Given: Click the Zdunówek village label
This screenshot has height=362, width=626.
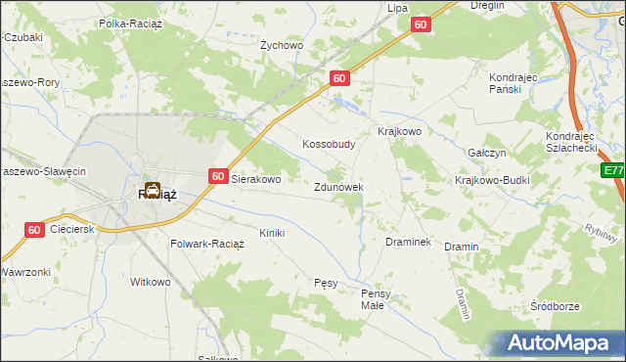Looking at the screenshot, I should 338,186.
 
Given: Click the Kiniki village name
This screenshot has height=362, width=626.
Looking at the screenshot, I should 271,233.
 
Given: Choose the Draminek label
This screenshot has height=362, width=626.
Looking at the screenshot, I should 409,242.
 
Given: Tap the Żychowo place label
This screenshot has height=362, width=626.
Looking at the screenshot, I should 282,45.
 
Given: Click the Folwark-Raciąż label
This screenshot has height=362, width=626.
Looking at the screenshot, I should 207,243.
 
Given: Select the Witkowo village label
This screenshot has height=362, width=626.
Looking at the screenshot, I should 151,282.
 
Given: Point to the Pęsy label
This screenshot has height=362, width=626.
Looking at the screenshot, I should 326,283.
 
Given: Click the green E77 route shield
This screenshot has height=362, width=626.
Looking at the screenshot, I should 613,170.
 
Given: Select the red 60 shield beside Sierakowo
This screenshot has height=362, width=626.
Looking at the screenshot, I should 217,175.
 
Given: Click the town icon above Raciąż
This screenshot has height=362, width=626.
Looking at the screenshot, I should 154,188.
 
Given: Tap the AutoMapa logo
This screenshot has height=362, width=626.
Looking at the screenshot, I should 556,341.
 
